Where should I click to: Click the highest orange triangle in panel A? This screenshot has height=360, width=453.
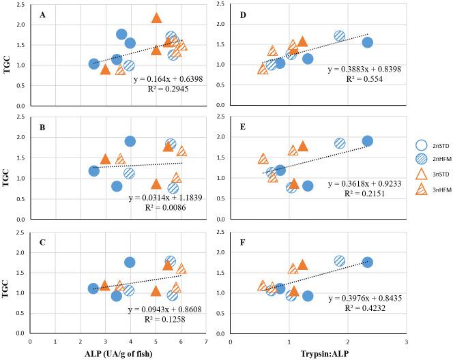point(156,18)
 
